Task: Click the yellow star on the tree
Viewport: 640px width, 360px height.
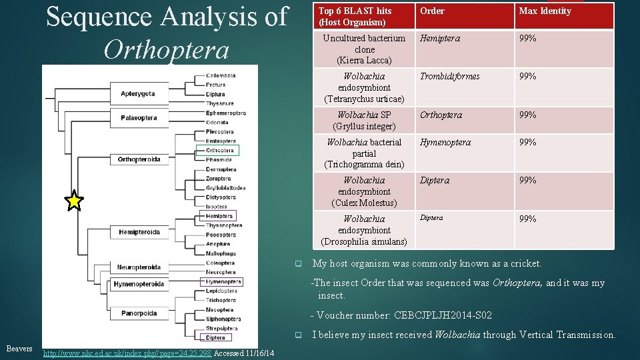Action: point(75,200)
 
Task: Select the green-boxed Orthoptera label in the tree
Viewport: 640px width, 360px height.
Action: point(221,151)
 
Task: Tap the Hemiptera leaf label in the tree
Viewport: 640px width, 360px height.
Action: point(220,216)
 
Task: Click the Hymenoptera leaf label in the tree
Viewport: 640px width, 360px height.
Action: point(223,282)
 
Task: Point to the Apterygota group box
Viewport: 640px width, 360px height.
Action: point(138,94)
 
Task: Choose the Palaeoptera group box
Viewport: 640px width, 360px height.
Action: point(139,118)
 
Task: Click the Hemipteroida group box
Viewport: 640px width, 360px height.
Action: point(139,232)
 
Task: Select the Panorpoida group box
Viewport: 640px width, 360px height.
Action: point(139,313)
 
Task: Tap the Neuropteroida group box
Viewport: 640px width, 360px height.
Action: point(139,267)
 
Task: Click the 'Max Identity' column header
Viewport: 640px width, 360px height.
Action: point(545,11)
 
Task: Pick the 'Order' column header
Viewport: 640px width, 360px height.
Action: point(432,11)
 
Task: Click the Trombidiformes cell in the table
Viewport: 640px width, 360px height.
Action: point(449,77)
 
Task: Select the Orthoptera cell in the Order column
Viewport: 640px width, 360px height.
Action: point(441,115)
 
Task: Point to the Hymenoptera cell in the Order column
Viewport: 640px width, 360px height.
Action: point(445,143)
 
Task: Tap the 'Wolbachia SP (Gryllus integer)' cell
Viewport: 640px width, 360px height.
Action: point(364,121)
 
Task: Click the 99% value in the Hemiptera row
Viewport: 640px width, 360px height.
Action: point(528,39)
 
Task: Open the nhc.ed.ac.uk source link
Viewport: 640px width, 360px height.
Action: point(127,353)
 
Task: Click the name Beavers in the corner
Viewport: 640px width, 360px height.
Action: point(19,349)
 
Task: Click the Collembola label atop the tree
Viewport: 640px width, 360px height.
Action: point(220,75)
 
